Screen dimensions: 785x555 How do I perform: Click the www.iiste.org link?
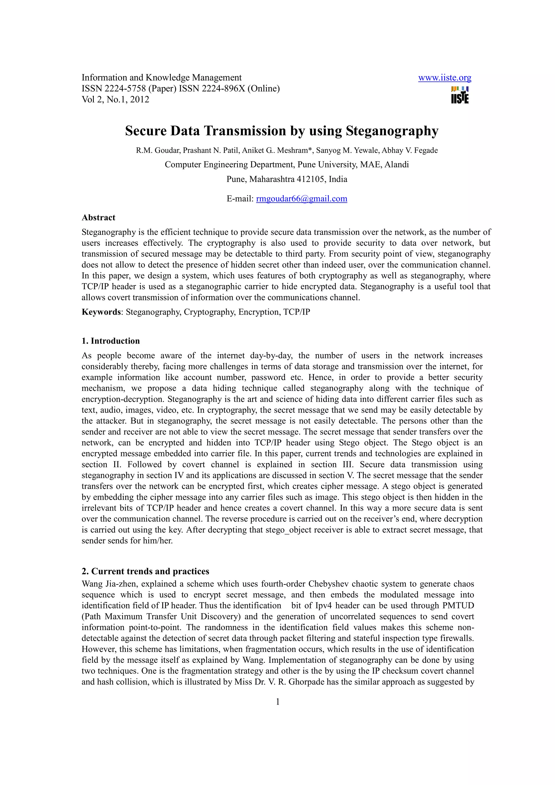coord(444,78)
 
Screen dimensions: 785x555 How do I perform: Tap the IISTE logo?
coord(460,95)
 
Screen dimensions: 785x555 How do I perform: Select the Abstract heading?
coord(98,218)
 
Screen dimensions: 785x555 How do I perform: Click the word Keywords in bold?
coord(101,312)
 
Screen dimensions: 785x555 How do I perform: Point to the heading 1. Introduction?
coord(111,341)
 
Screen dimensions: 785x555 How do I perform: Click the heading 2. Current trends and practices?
coord(145,571)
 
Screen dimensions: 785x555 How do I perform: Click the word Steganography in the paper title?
coord(392,131)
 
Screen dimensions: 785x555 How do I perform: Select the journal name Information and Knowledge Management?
coord(162,78)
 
